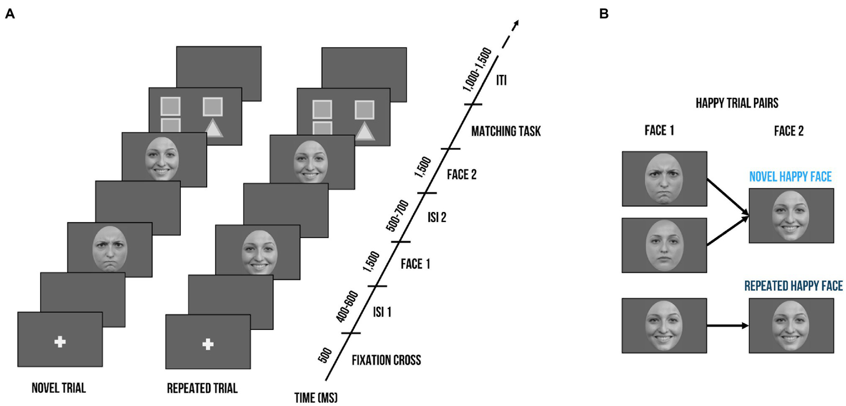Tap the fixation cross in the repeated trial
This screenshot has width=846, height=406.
tap(208, 345)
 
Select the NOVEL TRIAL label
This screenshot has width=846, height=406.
tap(59, 388)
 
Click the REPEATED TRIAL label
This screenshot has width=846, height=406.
tap(202, 388)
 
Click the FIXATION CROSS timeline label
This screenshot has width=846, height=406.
tap(386, 361)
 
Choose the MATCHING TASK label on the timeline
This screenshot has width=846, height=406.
tap(506, 132)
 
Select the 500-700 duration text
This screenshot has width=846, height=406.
tap(398, 216)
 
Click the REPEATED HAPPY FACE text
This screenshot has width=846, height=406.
tap(793, 286)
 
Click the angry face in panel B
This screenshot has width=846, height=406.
tap(664, 179)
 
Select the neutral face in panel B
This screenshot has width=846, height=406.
tap(664, 245)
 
